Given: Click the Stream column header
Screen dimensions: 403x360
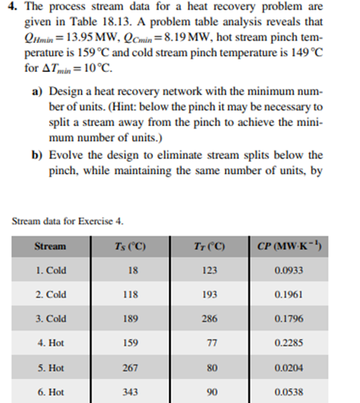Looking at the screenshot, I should click(x=50, y=246).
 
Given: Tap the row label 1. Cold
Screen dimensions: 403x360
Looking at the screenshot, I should click(x=50, y=270).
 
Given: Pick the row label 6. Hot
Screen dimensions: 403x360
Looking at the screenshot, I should click(x=50, y=391).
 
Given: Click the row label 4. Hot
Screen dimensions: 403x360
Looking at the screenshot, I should click(x=50, y=343).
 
